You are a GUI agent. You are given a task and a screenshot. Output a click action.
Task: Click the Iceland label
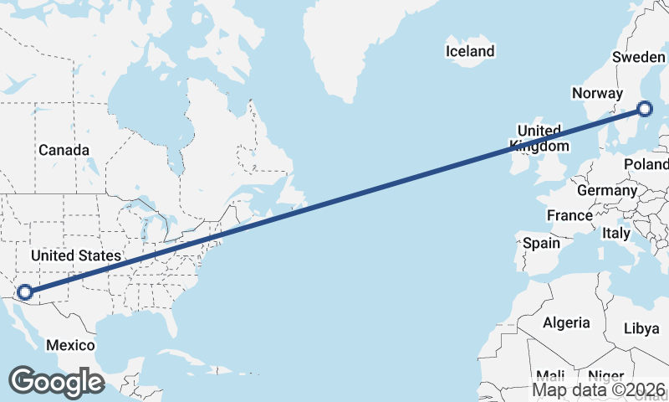tap(470, 51)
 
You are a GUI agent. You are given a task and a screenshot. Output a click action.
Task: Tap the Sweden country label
tap(638, 57)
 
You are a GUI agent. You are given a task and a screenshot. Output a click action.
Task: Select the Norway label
tap(597, 93)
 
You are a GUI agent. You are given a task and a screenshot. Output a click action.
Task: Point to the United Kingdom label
tap(539, 138)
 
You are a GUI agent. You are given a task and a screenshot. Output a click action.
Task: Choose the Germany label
tap(607, 190)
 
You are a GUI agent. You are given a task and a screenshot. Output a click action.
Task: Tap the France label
tap(569, 215)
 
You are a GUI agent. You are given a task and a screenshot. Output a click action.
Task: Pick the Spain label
tap(540, 243)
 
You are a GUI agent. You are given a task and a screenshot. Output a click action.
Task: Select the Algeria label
tap(567, 322)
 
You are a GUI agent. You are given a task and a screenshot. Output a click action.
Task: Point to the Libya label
tap(641, 328)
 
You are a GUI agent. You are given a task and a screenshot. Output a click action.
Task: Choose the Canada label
tap(64, 150)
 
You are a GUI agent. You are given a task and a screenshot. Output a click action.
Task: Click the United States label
tap(76, 255)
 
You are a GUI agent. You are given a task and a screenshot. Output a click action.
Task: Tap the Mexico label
tap(70, 345)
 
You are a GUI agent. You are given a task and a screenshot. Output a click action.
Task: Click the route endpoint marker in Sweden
tap(645, 108)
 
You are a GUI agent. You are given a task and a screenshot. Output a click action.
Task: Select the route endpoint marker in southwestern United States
tap(25, 292)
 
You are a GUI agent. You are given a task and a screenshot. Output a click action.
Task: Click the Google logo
tap(55, 381)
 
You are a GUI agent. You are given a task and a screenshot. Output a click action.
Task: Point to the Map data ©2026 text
tap(599, 389)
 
